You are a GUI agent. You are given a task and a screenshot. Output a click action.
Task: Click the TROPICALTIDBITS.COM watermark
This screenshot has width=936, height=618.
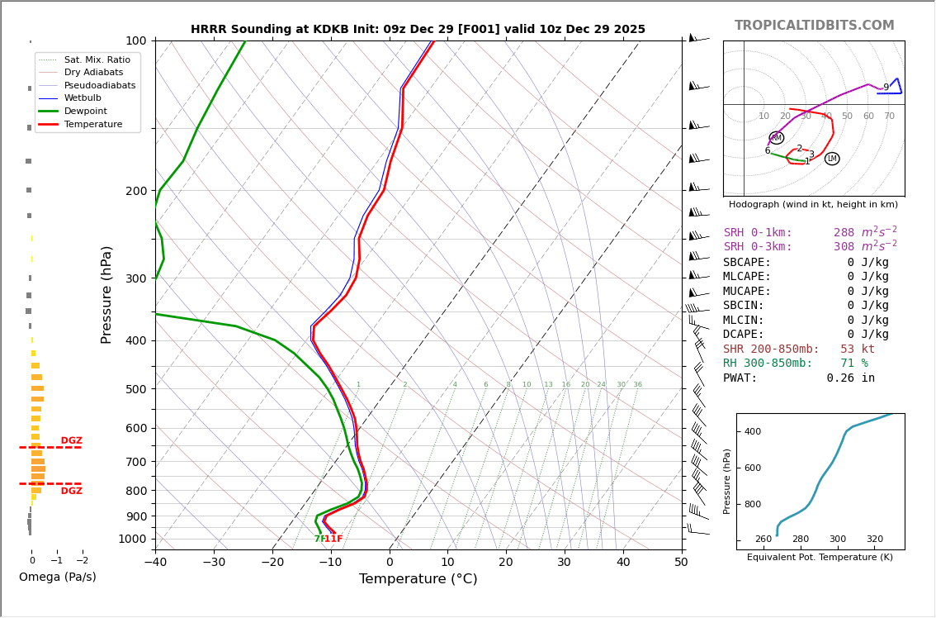[x=814, y=26]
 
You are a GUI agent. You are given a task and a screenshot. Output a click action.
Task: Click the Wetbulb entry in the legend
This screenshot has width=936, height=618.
[x=83, y=98]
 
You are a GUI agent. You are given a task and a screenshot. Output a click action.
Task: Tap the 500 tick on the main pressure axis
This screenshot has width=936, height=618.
[x=136, y=389]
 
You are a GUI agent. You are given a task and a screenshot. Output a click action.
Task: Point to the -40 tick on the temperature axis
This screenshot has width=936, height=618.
[x=155, y=563]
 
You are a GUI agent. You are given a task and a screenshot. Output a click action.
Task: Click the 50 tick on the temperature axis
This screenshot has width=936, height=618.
[x=681, y=563]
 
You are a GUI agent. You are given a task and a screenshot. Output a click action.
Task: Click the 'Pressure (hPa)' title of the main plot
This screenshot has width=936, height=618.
[x=106, y=294]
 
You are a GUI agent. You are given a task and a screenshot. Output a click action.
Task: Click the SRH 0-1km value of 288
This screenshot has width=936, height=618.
[x=844, y=233]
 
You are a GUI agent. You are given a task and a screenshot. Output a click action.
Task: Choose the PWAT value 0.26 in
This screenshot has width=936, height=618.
[x=850, y=378]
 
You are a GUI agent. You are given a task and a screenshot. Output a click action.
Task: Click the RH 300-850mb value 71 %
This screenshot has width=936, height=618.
[x=853, y=364]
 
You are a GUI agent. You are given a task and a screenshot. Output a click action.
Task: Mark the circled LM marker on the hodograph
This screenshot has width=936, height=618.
[x=832, y=159]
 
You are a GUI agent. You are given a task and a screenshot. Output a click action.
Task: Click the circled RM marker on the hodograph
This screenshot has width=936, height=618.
[x=777, y=138]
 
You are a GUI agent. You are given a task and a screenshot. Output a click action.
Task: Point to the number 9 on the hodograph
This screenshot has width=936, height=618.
[x=886, y=88]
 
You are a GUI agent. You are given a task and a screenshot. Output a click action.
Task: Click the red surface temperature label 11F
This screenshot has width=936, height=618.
[x=333, y=540]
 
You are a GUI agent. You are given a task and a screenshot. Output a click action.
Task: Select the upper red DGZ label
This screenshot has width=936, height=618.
[x=72, y=441]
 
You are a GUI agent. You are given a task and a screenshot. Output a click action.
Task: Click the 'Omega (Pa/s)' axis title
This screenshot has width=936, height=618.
[x=58, y=578]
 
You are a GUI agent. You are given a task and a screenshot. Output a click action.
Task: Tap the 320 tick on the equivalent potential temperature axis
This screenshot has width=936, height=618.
[x=875, y=539]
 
